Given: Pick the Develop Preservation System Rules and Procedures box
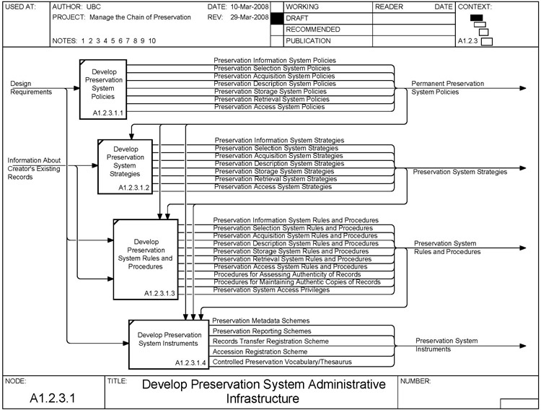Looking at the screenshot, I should (x=145, y=258).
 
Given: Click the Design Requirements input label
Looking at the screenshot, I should (x=30, y=88).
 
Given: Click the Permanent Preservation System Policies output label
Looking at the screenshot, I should (x=447, y=88).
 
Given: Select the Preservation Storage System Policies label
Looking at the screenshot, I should (x=270, y=92).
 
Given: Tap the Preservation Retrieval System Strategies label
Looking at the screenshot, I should (x=273, y=179).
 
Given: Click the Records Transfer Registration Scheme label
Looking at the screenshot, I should (x=270, y=341).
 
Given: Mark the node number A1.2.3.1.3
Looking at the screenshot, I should (x=159, y=294).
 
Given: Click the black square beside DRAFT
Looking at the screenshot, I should (x=276, y=17).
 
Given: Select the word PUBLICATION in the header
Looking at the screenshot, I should (x=309, y=41).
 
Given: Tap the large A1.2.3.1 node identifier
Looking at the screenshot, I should (x=53, y=397).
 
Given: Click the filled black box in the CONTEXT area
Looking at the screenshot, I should (x=476, y=18).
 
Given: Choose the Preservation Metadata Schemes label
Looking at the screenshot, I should (x=262, y=320).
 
